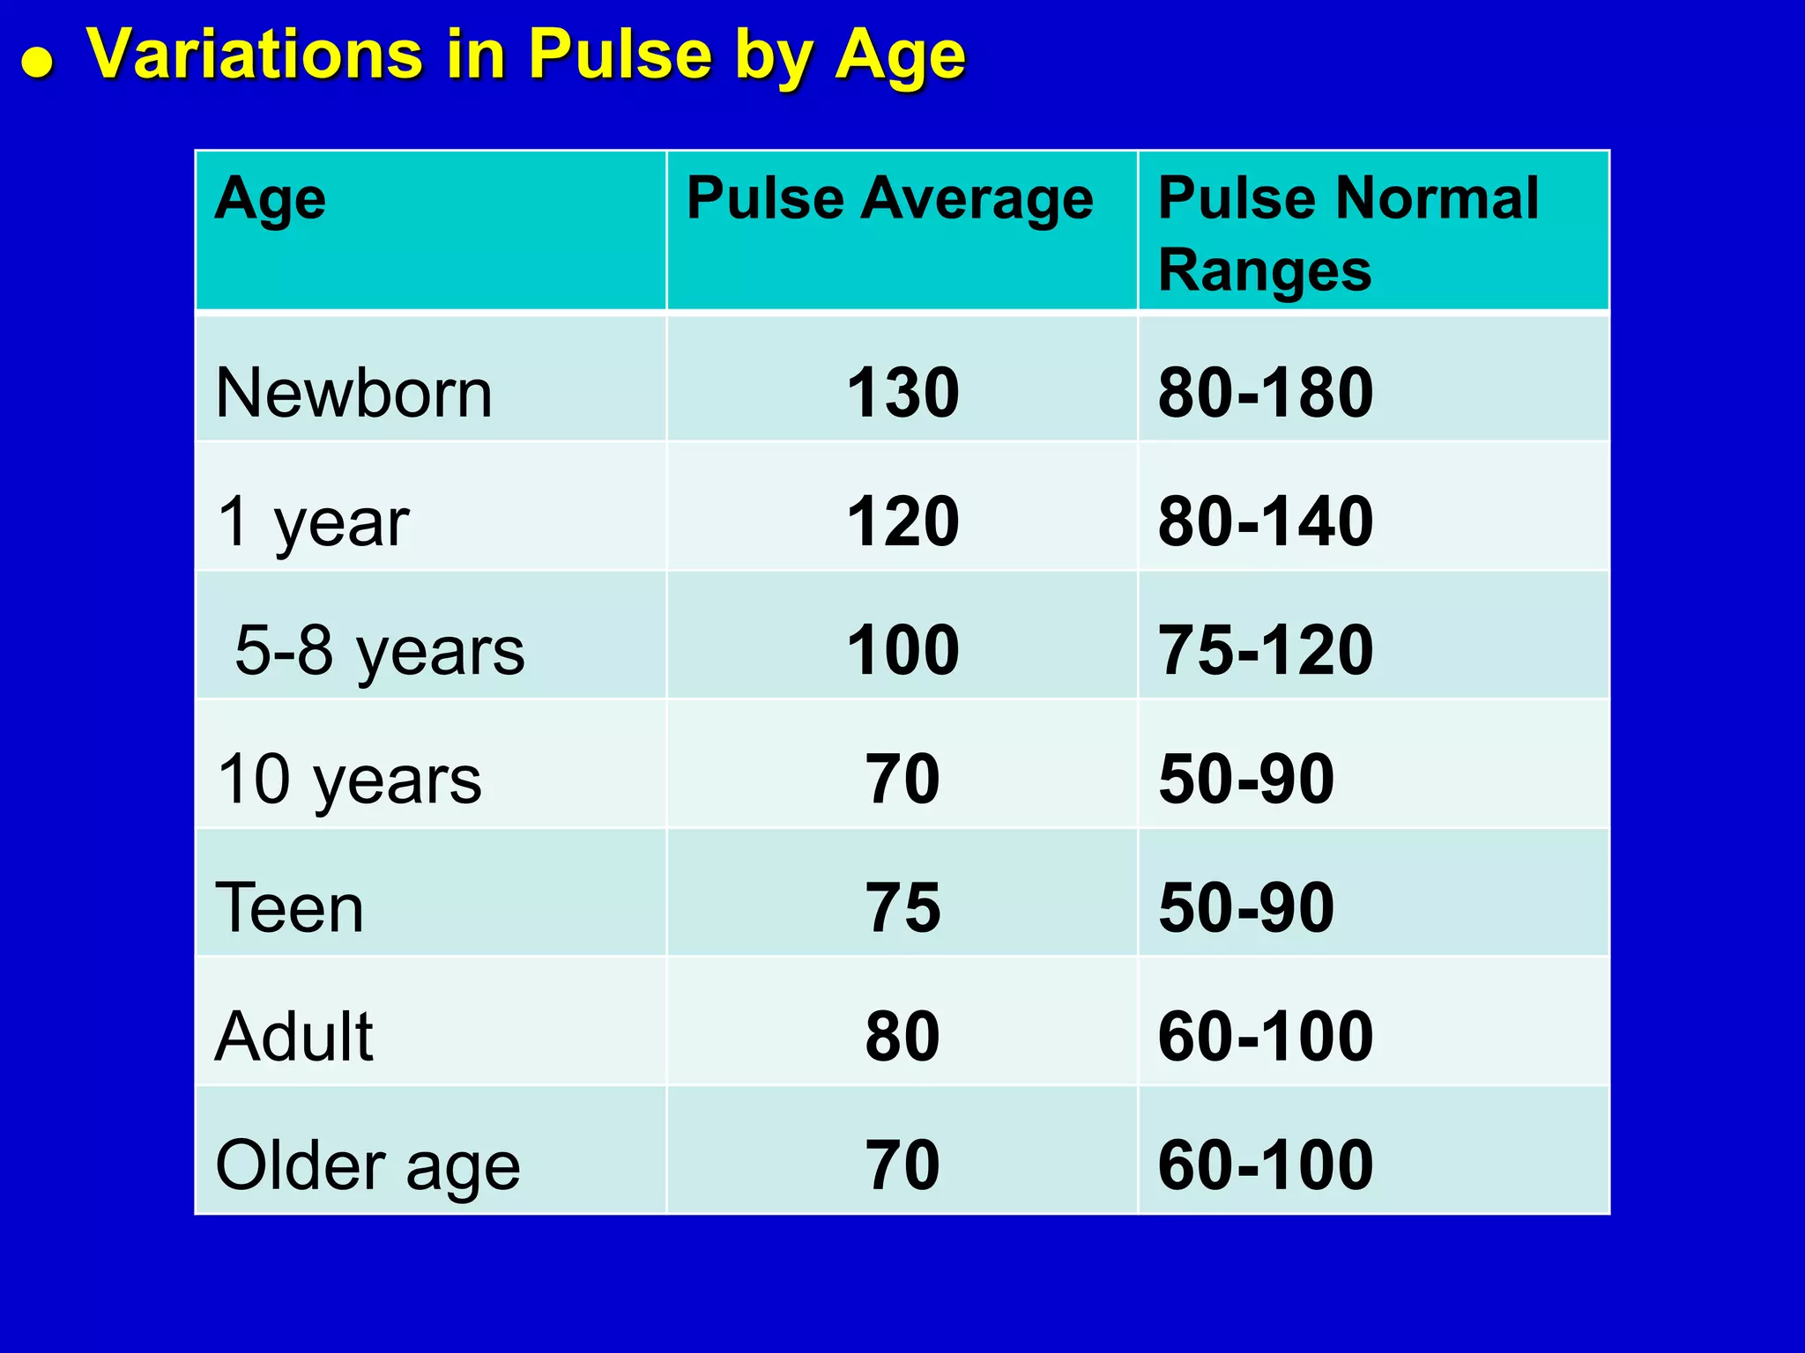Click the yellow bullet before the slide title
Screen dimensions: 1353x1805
point(38,63)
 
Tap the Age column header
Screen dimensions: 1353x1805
point(270,199)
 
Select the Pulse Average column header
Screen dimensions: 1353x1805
point(889,199)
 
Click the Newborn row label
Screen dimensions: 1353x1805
point(353,393)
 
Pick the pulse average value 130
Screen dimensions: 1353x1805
point(902,393)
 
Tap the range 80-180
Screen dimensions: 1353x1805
point(1265,393)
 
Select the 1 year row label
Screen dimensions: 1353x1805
point(313,522)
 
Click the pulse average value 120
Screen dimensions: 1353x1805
point(902,521)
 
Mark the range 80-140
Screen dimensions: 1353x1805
point(1265,521)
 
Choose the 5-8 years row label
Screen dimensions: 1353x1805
point(379,651)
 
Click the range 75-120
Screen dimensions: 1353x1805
point(1265,651)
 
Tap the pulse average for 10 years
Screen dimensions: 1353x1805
point(902,780)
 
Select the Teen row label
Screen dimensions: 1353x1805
point(289,908)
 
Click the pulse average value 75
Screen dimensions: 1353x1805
point(902,908)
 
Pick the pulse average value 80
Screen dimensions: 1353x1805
point(902,1037)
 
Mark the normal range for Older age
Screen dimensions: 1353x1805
point(1265,1165)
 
